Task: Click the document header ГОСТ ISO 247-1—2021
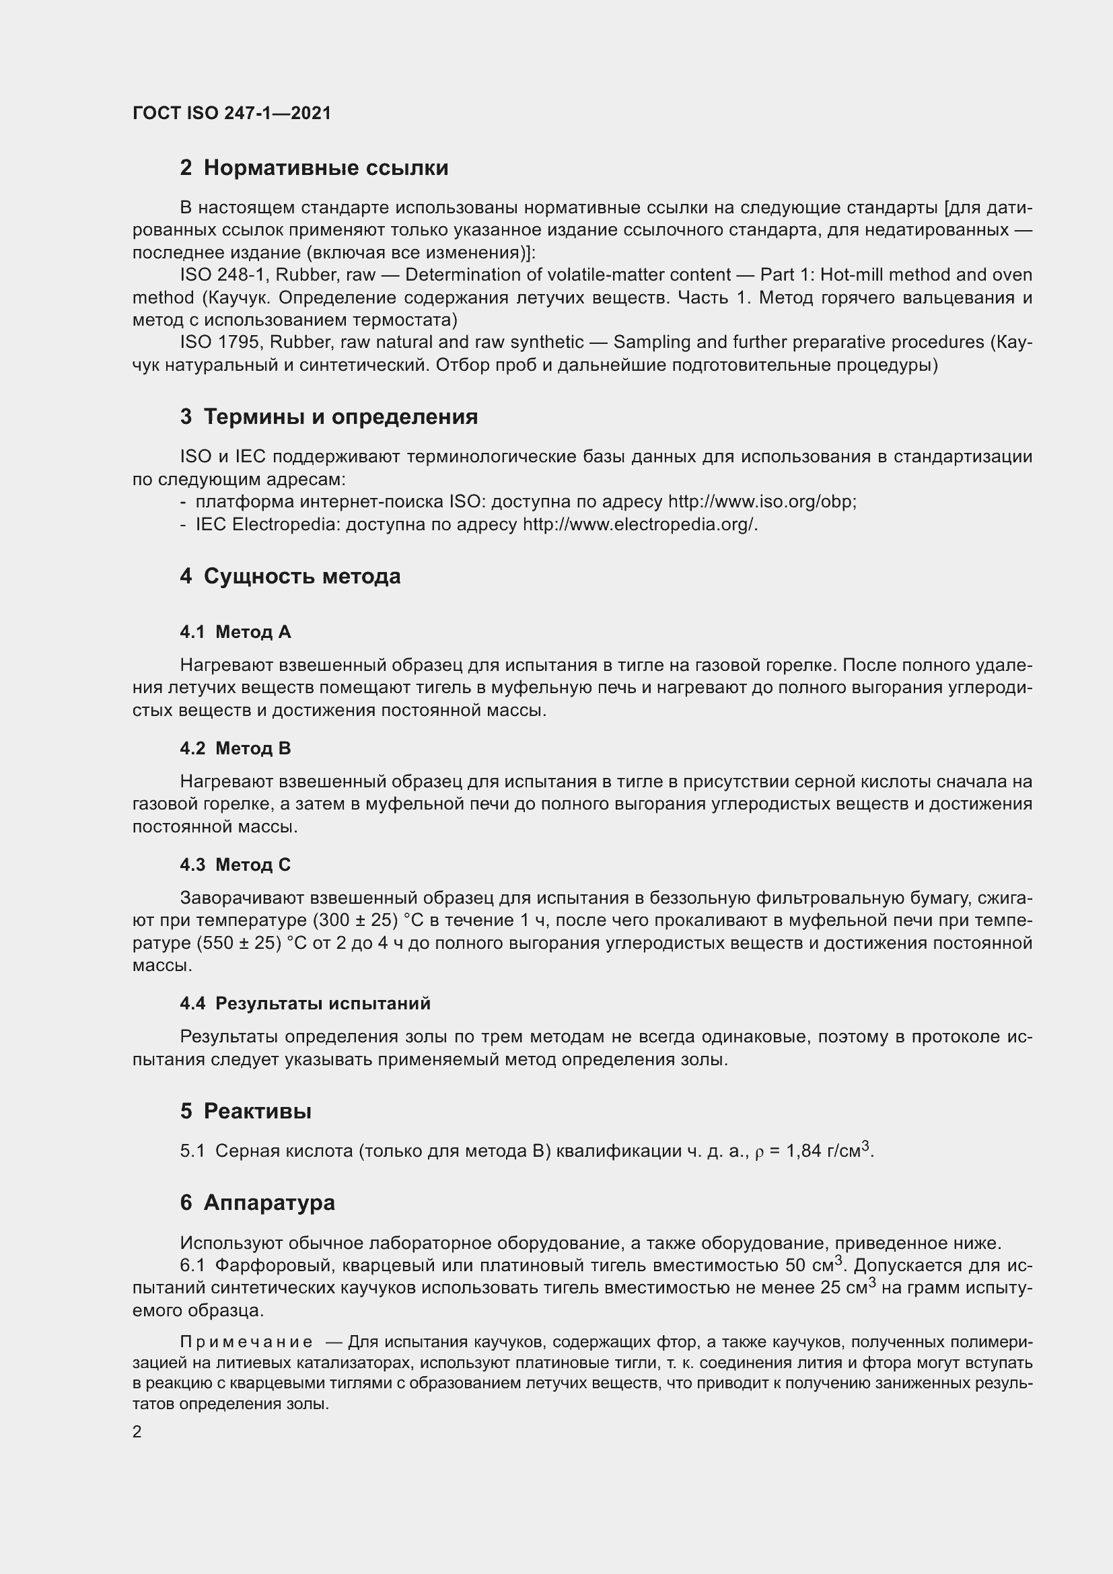pos(231,113)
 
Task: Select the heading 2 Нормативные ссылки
pos(314,168)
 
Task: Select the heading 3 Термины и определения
pos(329,417)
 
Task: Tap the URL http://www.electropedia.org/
pos(639,524)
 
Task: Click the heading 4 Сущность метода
pos(290,577)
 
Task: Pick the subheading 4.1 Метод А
pos(235,632)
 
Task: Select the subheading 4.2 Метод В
pos(235,748)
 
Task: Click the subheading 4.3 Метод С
pos(235,865)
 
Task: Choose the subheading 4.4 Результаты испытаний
pos(305,1003)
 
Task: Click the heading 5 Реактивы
pos(246,1111)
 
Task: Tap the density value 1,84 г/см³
pos(828,1151)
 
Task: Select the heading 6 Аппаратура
pos(257,1203)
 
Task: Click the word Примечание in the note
pos(246,1342)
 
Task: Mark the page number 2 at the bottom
pos(137,1431)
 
